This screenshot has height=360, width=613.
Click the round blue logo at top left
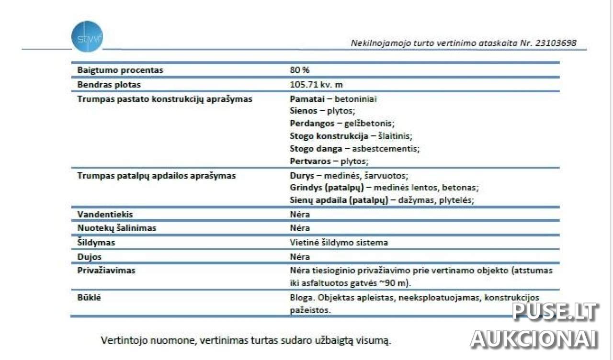click(87, 36)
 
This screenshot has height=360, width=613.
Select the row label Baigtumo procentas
click(120, 70)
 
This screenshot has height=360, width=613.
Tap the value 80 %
click(299, 70)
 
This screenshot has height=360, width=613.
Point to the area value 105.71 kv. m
click(316, 85)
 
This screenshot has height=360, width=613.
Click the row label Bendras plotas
click(109, 85)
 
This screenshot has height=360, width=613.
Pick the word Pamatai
click(305, 99)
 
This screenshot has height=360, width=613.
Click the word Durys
click(301, 176)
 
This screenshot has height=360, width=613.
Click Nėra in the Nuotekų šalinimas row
click(299, 228)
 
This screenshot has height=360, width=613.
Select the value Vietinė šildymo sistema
click(339, 242)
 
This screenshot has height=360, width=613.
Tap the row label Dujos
click(90, 257)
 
